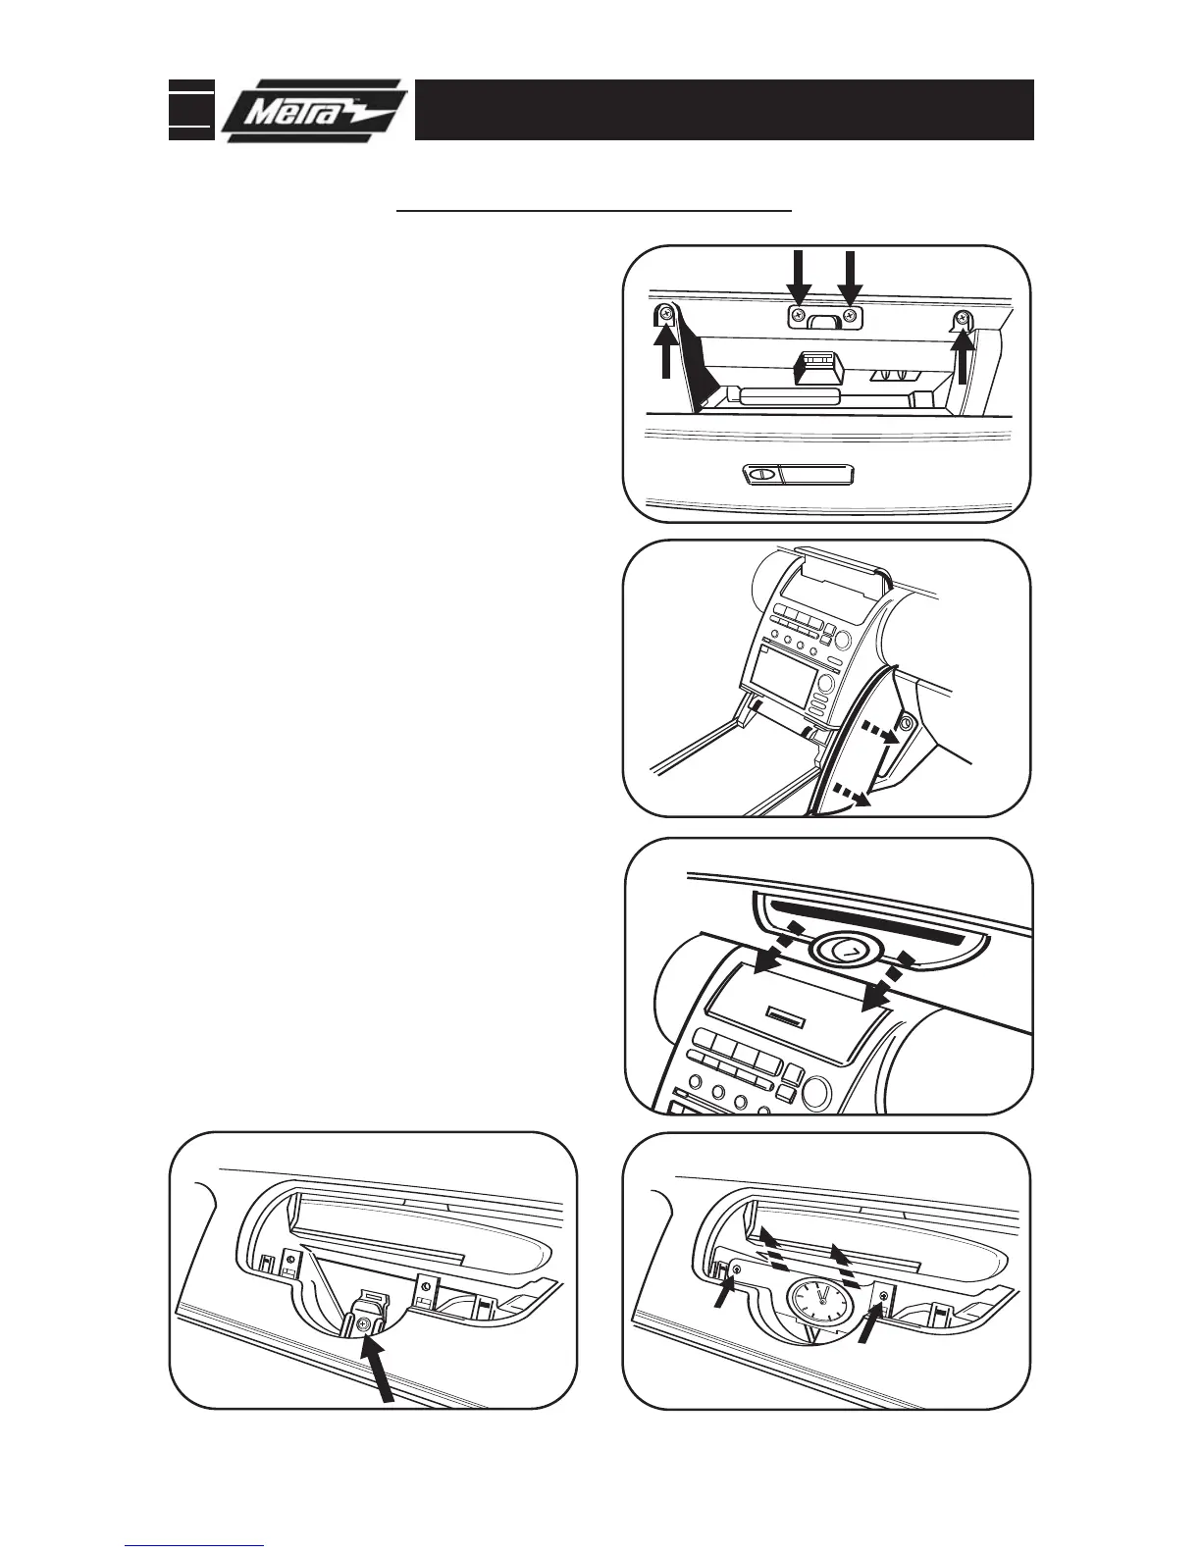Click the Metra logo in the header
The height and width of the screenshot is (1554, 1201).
(312, 110)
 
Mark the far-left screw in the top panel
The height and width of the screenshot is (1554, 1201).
(666, 315)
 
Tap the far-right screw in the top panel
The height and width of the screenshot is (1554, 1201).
(963, 316)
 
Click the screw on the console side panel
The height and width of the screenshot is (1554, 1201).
(905, 723)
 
